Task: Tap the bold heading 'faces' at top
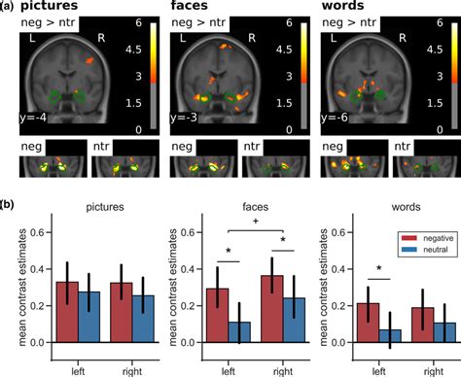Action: point(197,8)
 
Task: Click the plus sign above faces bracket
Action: point(256,221)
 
